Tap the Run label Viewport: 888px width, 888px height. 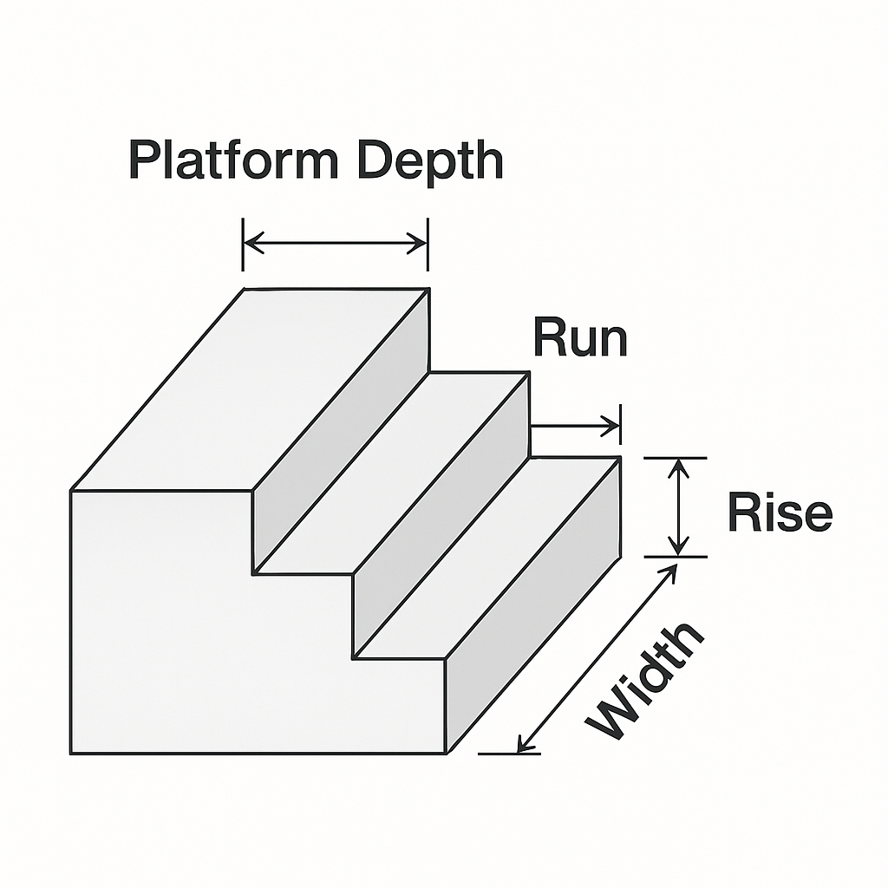[x=580, y=338]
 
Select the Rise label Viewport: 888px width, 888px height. [x=780, y=513]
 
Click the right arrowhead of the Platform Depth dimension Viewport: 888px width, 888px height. [x=421, y=244]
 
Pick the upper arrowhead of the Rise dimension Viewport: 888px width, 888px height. [x=679, y=466]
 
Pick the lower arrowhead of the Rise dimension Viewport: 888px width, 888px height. [x=679, y=546]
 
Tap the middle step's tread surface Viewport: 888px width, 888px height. [x=390, y=473]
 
